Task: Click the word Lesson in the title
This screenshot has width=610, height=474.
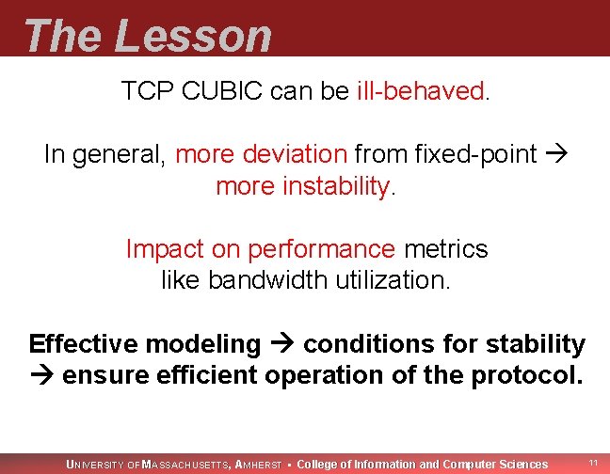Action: tap(193, 36)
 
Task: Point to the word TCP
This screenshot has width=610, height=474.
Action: tap(141, 92)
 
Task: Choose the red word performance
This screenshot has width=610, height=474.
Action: tap(321, 249)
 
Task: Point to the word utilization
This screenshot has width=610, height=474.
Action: tap(386, 280)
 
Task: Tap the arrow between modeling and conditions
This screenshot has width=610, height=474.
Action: tap(281, 344)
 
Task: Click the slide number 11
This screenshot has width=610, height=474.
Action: tap(593, 463)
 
